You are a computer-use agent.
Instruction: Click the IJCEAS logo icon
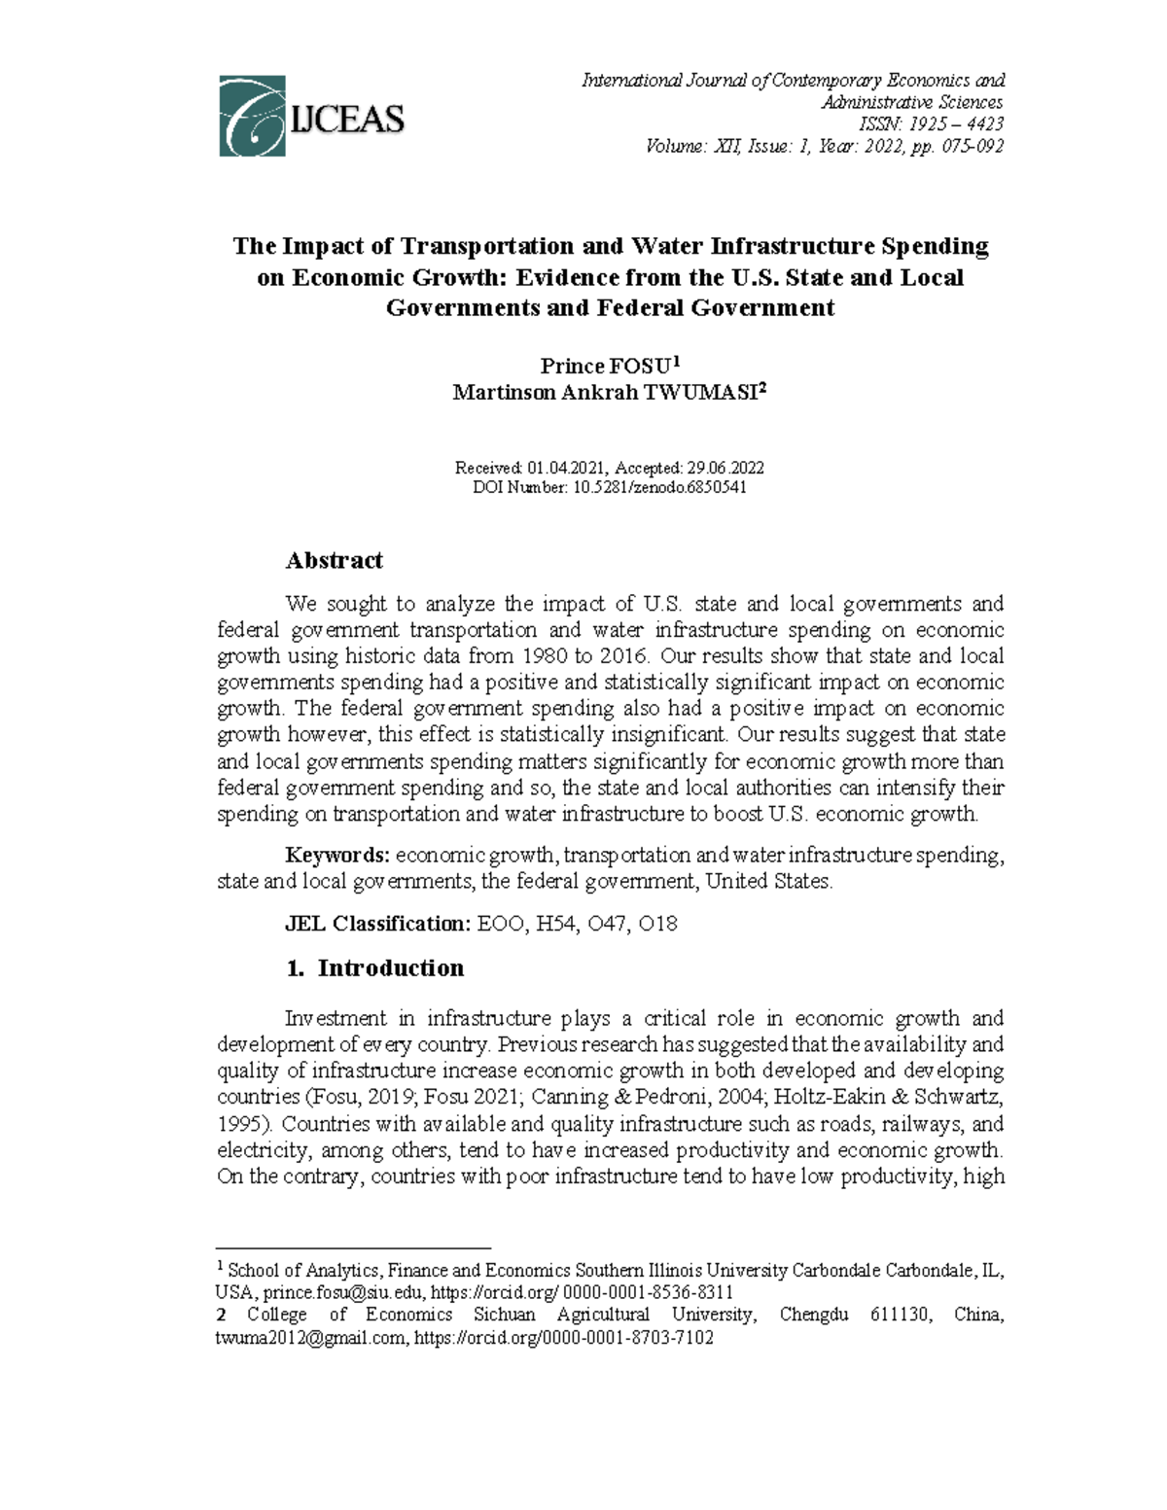click(252, 116)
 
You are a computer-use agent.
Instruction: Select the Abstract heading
click(334, 560)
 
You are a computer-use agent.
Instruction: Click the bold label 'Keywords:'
click(336, 856)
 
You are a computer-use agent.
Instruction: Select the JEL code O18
click(658, 924)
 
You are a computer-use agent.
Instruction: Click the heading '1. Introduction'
click(375, 968)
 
